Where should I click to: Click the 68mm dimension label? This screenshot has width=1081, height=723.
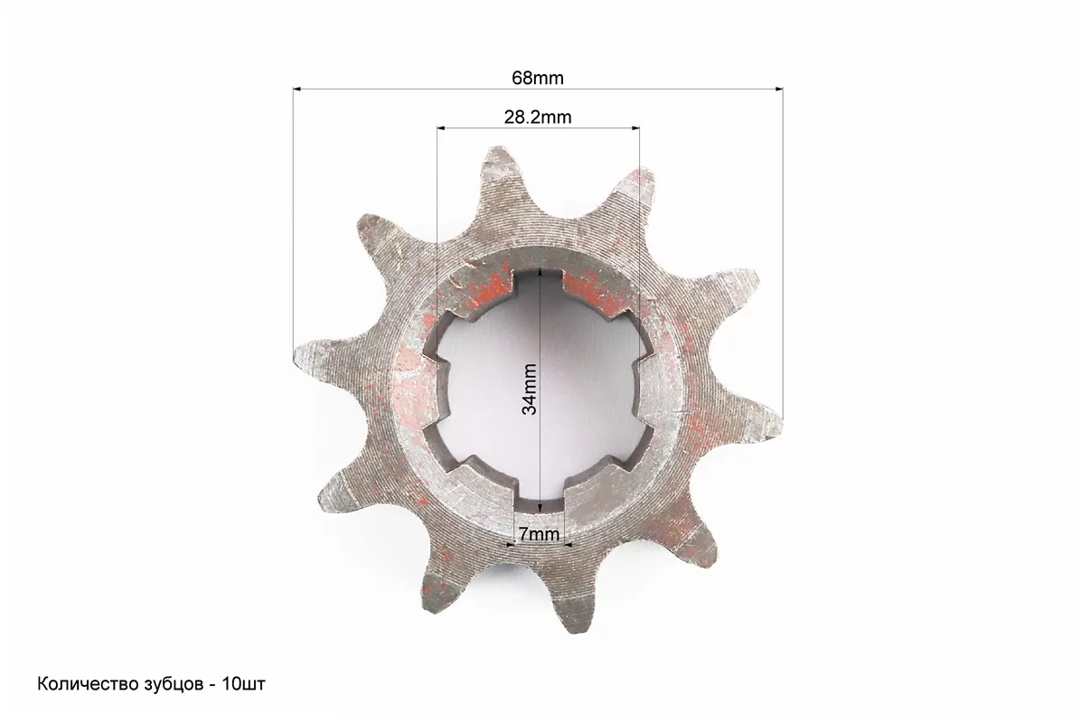(537, 78)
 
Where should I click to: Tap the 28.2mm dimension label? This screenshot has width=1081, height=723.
(538, 117)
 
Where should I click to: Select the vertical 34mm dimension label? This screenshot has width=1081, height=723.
(530, 390)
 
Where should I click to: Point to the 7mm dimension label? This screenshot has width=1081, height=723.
(539, 534)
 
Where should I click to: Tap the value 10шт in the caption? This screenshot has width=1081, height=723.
(244, 684)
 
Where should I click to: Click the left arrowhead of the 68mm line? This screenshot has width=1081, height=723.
(298, 89)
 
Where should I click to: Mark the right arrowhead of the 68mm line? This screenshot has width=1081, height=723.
(778, 89)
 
